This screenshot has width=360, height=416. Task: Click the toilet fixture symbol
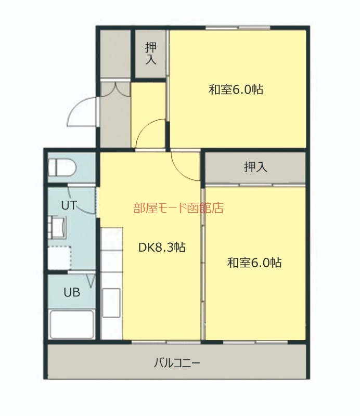pos(62,167)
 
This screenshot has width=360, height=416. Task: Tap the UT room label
pos(69,205)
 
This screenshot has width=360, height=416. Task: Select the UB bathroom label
pos(72,292)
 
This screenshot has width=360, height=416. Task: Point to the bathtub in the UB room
pos(71,325)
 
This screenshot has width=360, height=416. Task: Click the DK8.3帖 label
pos(162,248)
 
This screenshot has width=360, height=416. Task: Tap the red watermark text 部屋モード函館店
pos(178,209)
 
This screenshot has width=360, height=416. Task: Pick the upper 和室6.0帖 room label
pos(236,89)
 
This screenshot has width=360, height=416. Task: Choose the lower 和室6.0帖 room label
pos(254,263)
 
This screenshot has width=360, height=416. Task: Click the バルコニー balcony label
pos(176,362)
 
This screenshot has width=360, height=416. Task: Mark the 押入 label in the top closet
pos(150,53)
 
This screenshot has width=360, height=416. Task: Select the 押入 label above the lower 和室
pos(255,167)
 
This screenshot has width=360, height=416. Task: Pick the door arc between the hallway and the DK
pos(150,134)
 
